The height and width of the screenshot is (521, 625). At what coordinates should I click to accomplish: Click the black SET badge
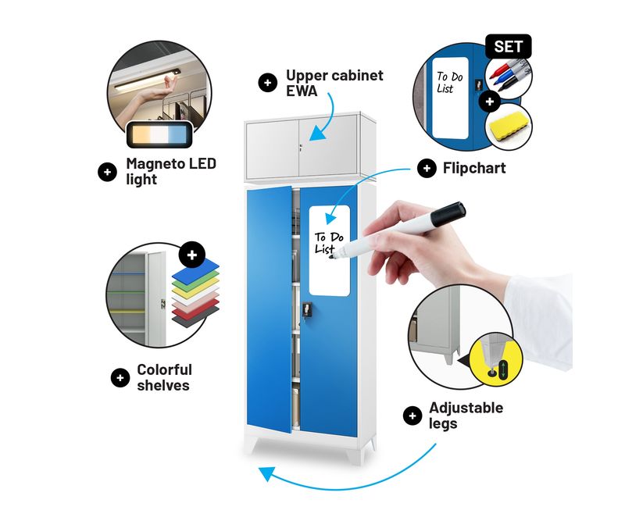point(509,47)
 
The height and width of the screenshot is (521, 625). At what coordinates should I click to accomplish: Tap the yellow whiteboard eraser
point(509,126)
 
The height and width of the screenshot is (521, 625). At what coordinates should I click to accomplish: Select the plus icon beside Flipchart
point(427,168)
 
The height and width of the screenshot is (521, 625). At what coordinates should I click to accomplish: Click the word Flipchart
point(474,168)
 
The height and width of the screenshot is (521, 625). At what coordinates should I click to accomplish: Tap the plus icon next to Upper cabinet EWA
point(268,83)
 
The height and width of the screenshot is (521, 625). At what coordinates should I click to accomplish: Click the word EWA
point(302,91)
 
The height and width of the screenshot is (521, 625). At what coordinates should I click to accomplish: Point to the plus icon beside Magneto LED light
point(107,172)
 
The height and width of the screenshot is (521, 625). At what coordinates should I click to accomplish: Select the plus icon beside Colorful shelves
point(120,378)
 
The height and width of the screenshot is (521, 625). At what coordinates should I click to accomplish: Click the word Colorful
point(164,370)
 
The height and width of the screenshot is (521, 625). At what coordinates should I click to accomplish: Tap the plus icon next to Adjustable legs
point(412,416)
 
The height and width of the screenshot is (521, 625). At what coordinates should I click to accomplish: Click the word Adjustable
point(466,409)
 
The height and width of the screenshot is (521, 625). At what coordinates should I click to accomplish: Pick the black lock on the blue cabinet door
point(306,309)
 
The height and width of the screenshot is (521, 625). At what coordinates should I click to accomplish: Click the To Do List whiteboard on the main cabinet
point(330,251)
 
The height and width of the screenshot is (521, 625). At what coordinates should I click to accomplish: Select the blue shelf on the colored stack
point(195,268)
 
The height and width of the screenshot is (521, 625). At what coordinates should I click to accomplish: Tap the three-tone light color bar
point(160,134)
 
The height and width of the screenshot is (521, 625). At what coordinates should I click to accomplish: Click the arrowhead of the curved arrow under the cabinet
point(266,475)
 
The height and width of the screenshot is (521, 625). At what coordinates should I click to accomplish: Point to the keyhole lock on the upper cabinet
point(301,148)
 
